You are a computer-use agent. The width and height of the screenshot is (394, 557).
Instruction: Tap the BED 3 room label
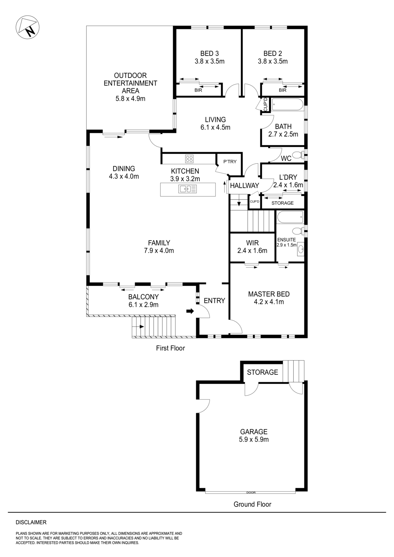coord(210,54)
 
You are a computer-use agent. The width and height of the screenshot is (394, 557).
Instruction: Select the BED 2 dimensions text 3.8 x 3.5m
coord(273,62)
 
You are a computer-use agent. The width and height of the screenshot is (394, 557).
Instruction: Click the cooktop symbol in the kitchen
coord(189,159)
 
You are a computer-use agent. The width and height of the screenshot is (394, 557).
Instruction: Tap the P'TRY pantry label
coord(230,162)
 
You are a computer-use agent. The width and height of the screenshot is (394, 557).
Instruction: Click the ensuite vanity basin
coord(300,249)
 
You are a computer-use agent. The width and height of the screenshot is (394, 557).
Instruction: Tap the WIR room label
coord(252,243)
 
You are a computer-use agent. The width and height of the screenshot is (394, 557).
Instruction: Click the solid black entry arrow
coord(190,311)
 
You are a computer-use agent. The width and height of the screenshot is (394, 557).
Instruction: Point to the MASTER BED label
coord(269,294)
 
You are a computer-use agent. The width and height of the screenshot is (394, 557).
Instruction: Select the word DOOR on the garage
coord(251,493)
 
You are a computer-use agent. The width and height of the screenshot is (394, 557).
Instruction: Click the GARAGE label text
coord(253,432)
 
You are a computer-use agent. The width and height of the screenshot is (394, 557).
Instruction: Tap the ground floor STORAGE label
coord(262,372)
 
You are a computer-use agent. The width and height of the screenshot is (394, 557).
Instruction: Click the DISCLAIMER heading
coord(31,522)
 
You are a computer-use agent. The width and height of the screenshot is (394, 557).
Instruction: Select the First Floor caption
coord(170,348)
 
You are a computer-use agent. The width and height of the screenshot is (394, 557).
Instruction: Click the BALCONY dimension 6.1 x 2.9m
coord(143,305)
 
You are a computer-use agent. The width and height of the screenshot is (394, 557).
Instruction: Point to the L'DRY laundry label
coord(288,177)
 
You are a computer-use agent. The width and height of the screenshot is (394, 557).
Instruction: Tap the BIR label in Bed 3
coord(198,90)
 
